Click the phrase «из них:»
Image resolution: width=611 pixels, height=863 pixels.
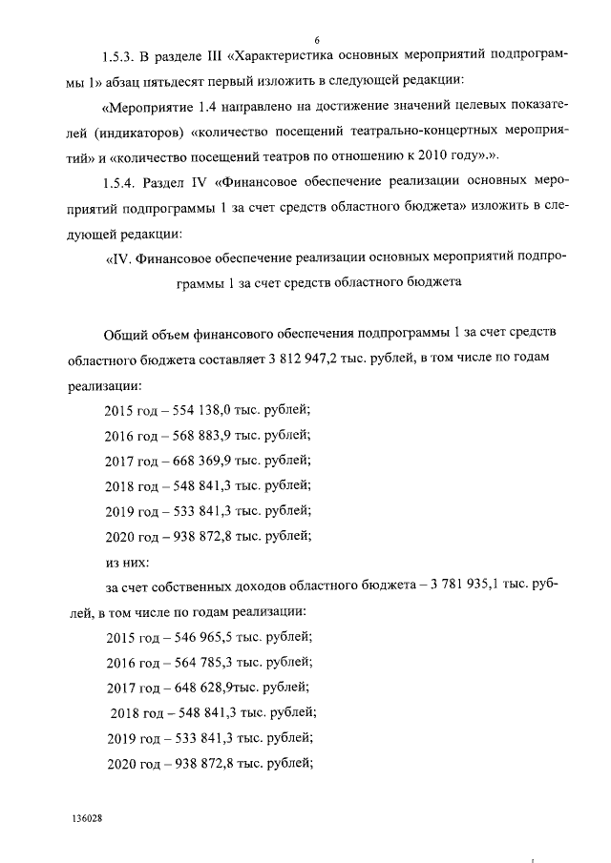click(x=125, y=561)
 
